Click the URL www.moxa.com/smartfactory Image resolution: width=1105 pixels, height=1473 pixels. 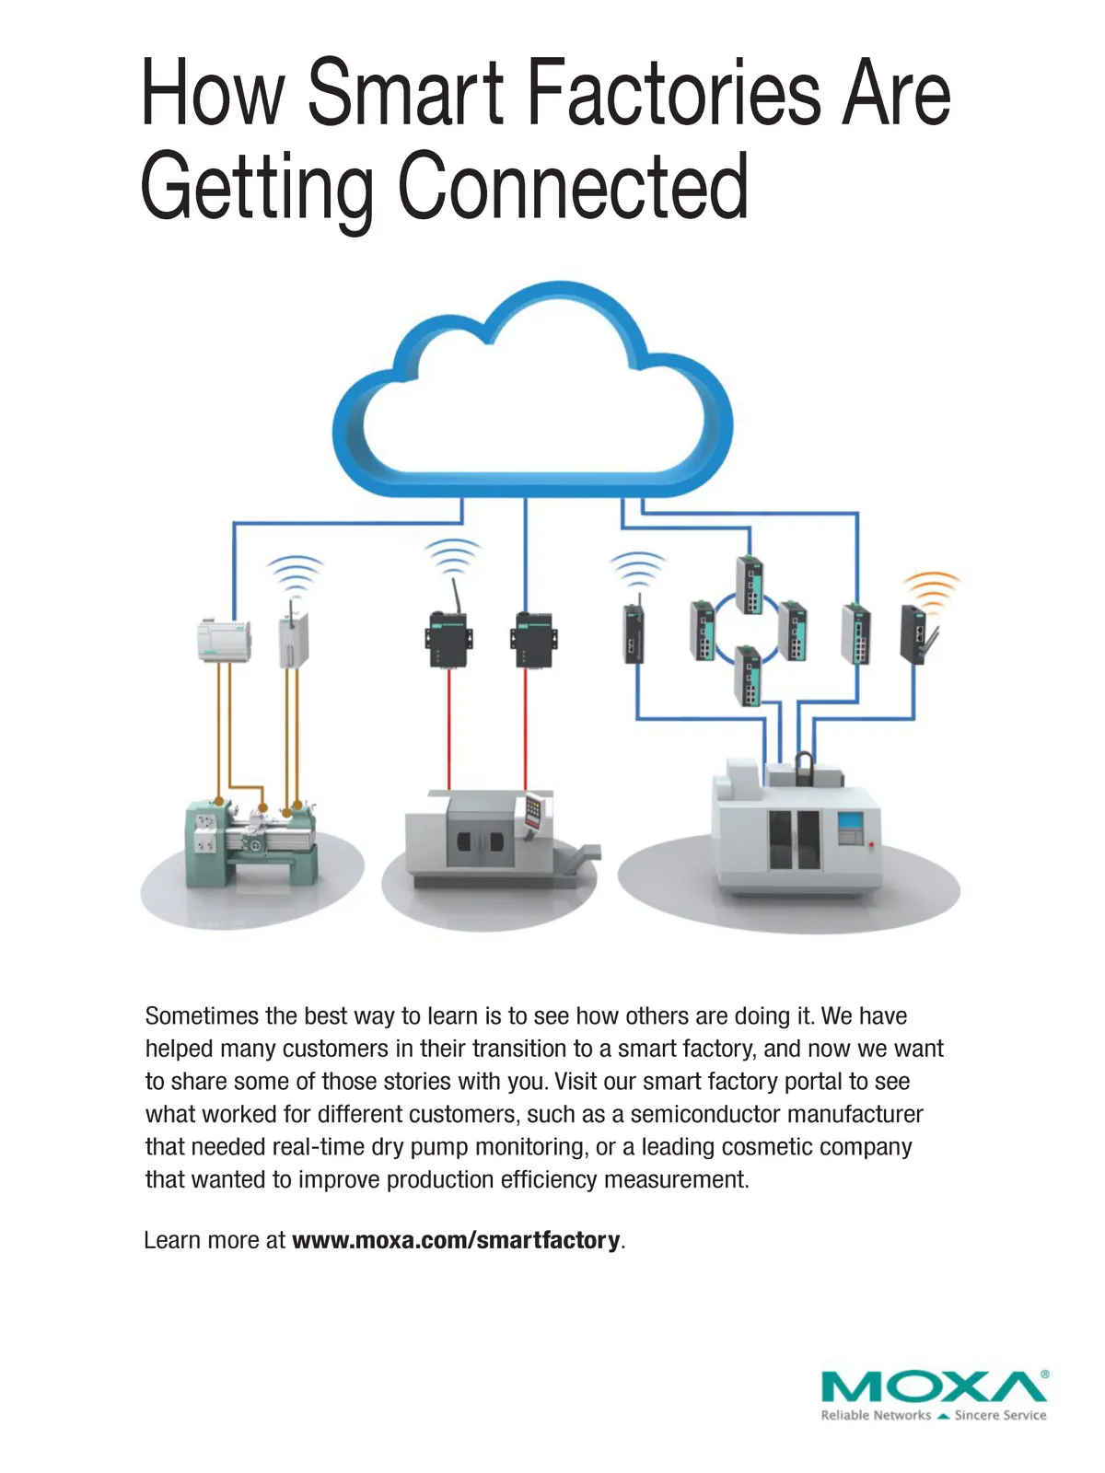456,1240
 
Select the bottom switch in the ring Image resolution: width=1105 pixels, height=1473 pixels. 748,675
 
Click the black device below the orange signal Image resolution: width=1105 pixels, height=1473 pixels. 915,633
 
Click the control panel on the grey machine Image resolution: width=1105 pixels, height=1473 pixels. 532,811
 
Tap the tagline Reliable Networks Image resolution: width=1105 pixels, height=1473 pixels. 875,1415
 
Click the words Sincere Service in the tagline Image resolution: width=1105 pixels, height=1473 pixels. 1000,1415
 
